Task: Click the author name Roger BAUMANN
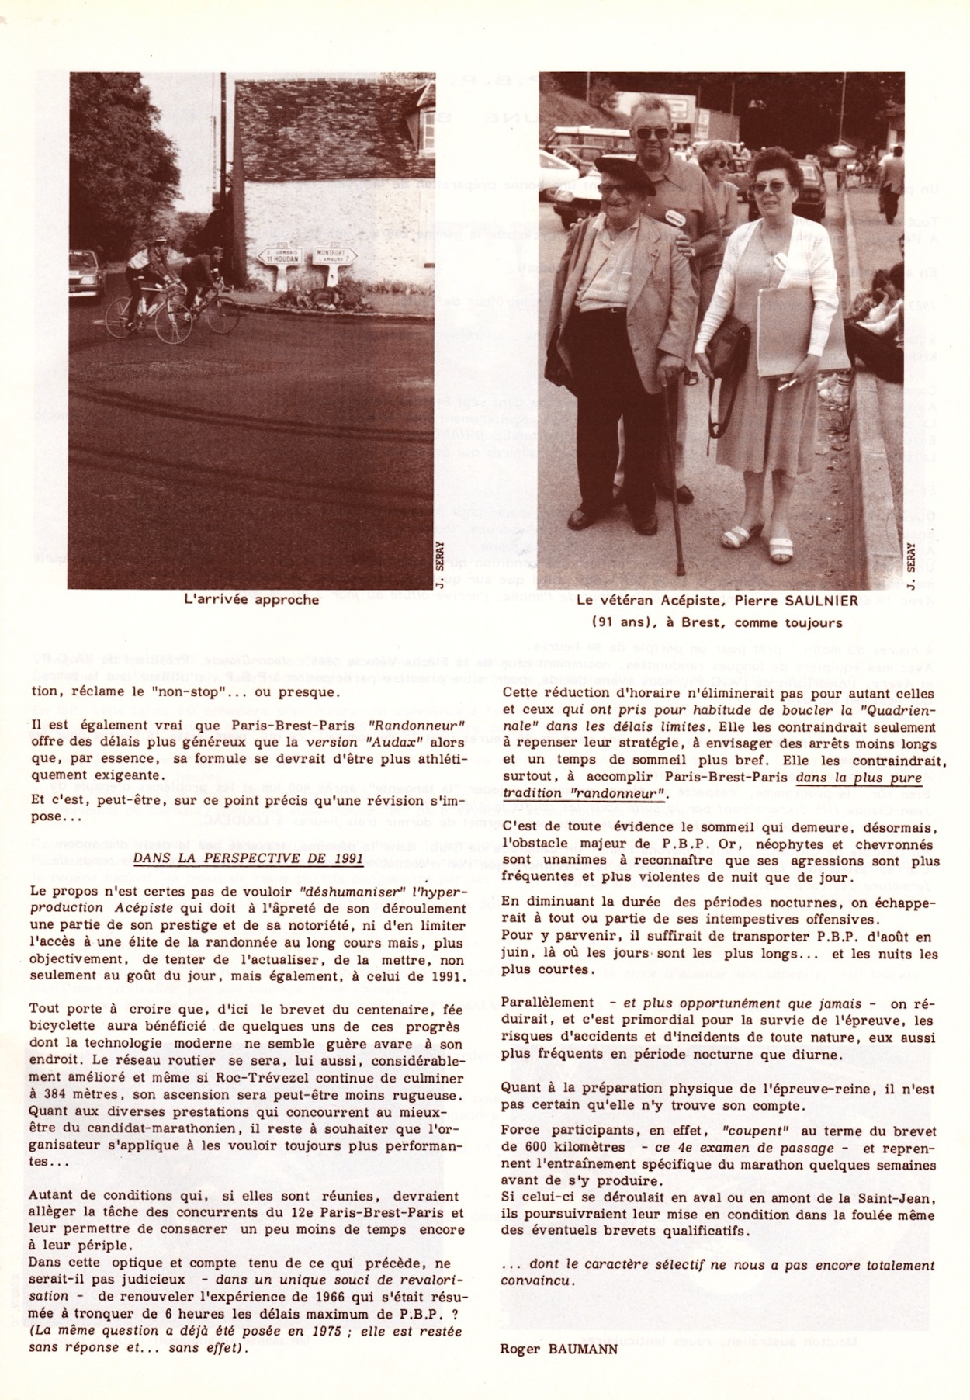point(559,1348)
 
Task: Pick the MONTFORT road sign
point(335,255)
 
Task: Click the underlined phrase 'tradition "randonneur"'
point(585,794)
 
